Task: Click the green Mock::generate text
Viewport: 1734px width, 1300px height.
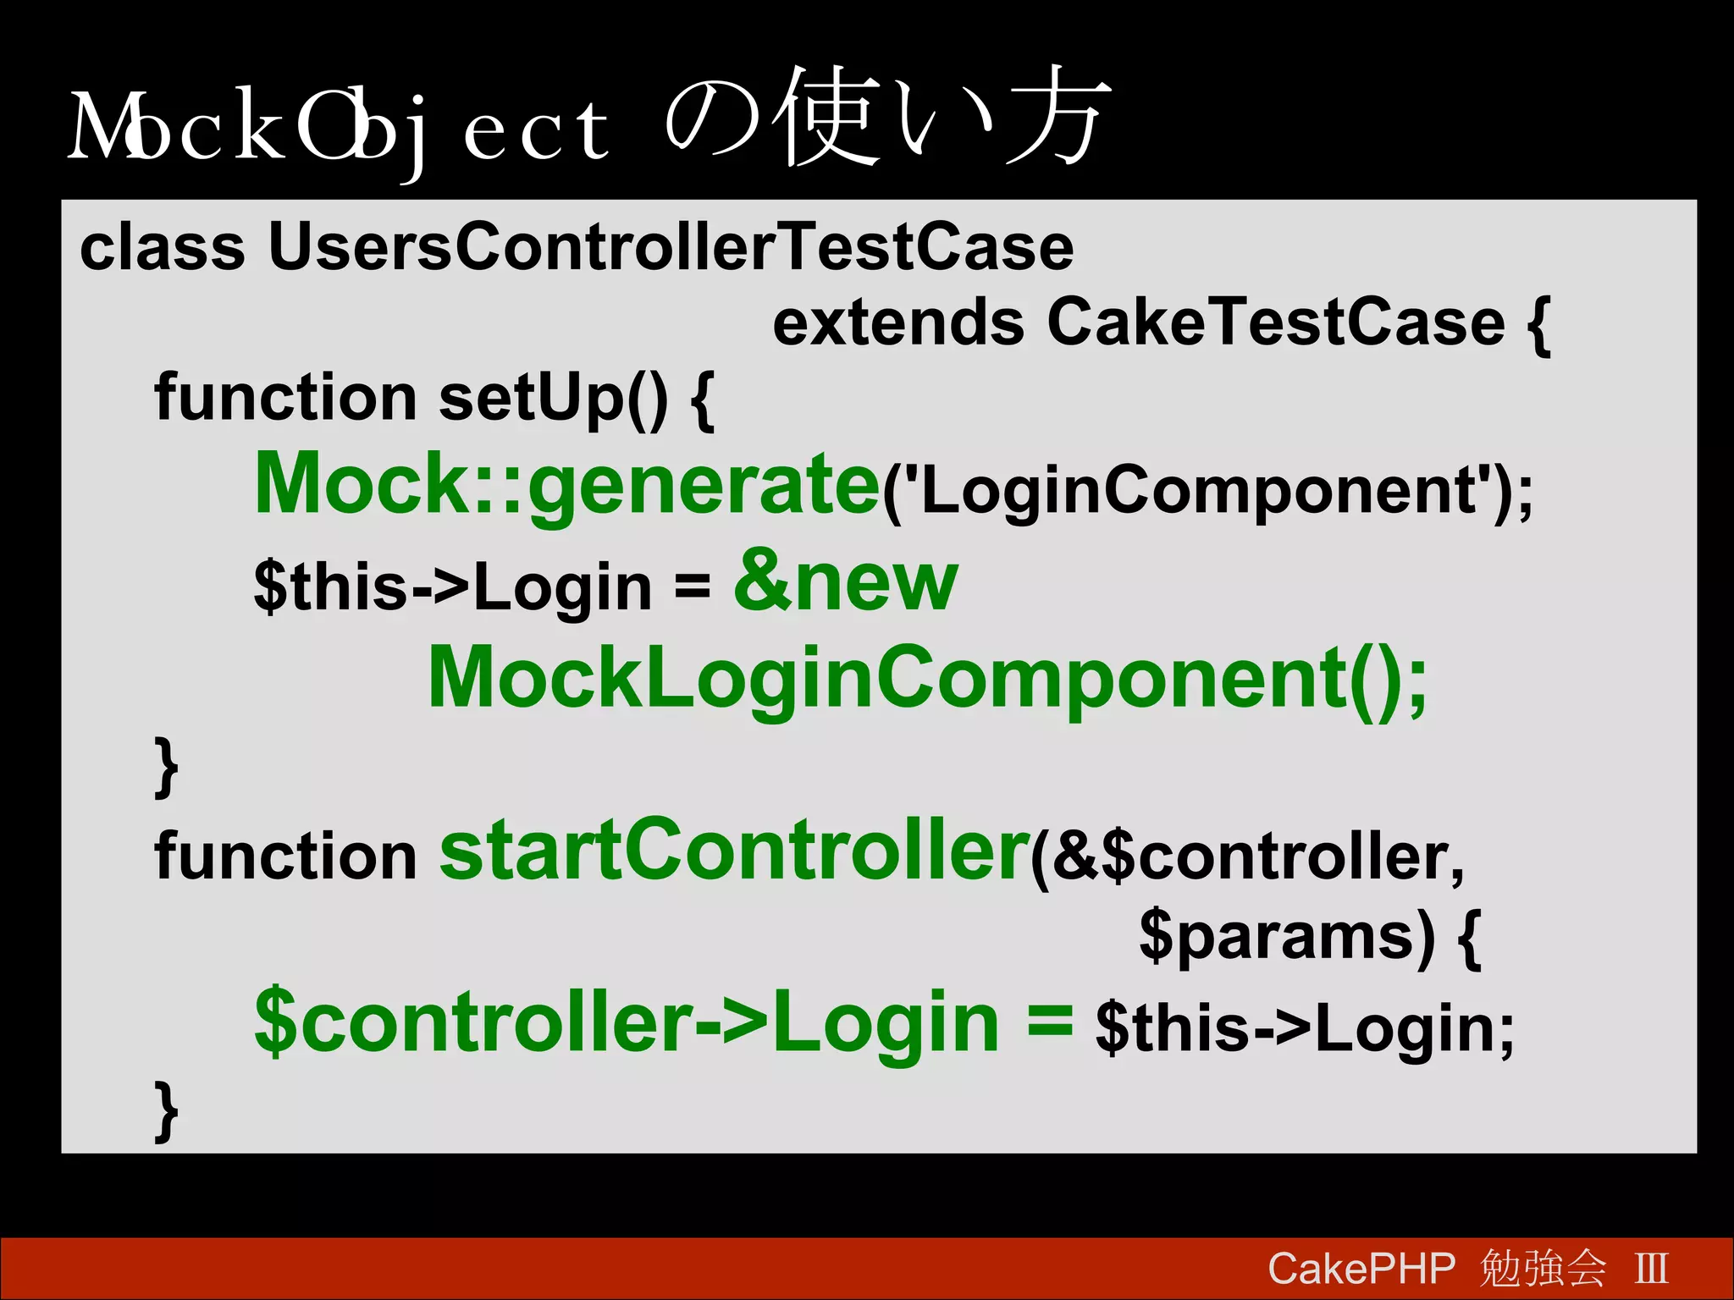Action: click(567, 484)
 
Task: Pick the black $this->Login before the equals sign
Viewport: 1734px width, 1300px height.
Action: click(452, 587)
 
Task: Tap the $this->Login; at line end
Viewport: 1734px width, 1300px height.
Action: click(1304, 1028)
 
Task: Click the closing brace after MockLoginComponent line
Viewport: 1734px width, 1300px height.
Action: click(166, 766)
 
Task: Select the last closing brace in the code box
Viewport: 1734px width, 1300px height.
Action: click(166, 1110)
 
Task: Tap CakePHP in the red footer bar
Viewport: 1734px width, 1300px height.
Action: click(1361, 1269)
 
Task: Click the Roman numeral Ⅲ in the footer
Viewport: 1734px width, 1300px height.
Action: click(1651, 1269)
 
